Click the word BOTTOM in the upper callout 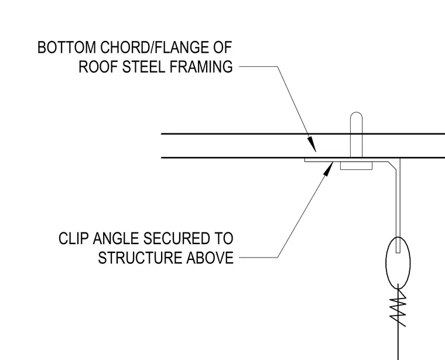(67, 47)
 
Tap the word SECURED (176, 238)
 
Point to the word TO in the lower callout (223, 238)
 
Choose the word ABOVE (210, 258)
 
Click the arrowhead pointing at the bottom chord (312, 144)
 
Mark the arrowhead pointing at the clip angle (328, 169)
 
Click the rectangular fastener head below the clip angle (356, 166)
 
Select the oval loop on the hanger (398, 262)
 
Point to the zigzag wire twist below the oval (399, 307)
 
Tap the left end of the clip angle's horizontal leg (305, 160)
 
